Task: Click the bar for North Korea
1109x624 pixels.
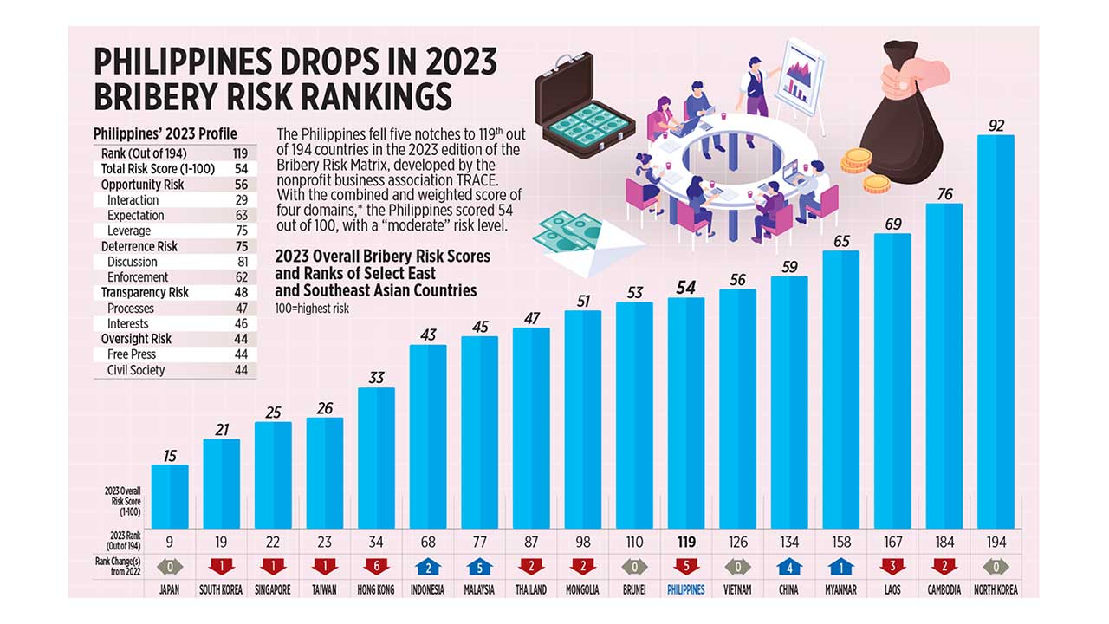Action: point(996,329)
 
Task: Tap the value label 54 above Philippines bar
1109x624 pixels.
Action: point(685,288)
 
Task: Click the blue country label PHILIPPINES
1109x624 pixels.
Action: point(685,589)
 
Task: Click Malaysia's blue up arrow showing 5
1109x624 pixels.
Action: point(479,567)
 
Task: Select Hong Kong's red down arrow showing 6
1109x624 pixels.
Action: point(376,567)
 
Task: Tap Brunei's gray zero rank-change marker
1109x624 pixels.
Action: point(634,567)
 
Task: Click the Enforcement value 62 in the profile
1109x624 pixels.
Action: point(241,277)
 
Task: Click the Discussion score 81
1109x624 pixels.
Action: point(241,262)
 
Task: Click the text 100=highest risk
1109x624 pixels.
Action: point(312,309)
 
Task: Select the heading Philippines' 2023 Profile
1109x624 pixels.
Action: point(165,133)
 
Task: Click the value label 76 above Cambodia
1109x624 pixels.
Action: point(944,193)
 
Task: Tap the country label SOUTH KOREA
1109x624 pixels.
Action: point(222,589)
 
